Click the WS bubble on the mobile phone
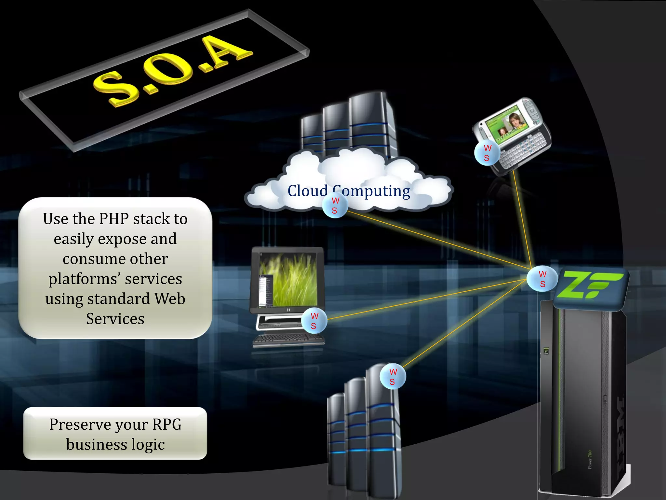487,153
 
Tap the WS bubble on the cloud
335,205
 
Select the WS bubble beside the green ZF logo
542,279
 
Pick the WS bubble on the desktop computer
314,321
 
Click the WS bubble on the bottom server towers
393,377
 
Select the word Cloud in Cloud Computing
307,191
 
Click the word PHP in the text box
114,219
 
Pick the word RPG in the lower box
167,424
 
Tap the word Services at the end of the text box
115,319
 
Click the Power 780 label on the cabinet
590,460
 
